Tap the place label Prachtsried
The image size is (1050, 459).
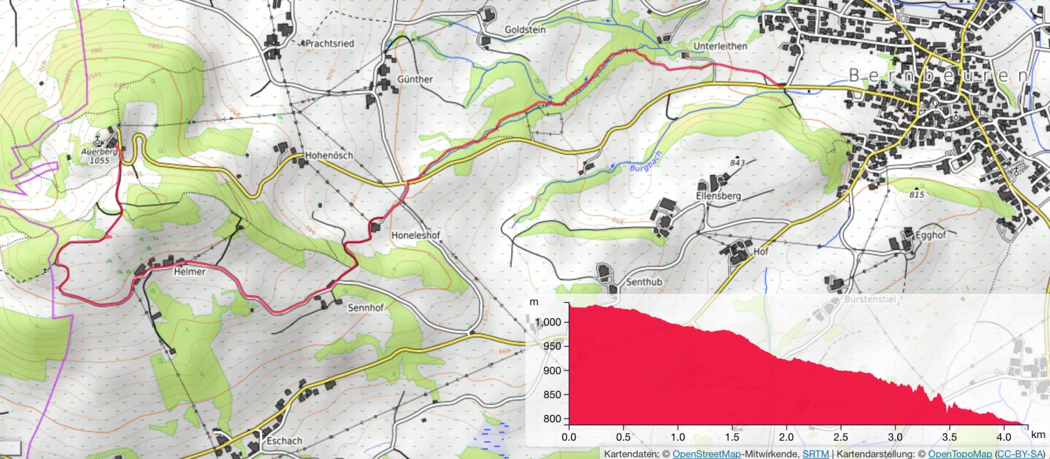(329, 43)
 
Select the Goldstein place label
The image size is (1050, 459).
(525, 31)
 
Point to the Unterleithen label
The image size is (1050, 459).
(720, 46)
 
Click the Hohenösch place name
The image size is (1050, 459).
(329, 155)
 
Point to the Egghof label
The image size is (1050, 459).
(929, 236)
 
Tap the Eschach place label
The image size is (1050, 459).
(284, 442)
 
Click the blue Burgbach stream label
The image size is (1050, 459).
(645, 162)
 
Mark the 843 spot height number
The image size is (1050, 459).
(737, 163)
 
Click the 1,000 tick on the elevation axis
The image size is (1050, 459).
(549, 322)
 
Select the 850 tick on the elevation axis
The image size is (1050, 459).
(552, 395)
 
